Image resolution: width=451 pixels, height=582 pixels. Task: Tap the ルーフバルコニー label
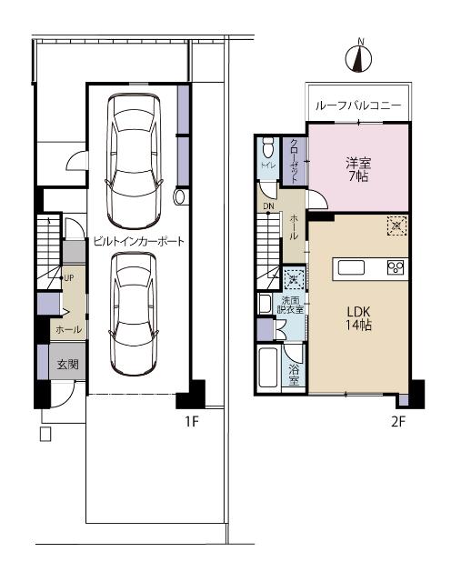357,106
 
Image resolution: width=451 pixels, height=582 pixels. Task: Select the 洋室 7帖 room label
357,170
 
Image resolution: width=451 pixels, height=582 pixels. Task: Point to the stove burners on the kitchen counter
396,266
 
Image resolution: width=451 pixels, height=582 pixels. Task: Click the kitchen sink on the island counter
352,266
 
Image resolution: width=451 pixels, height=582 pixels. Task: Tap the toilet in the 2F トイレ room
266,149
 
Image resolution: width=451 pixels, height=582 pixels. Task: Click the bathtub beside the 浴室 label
269,368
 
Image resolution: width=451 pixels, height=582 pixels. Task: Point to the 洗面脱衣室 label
290,306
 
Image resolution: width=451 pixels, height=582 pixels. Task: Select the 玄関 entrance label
68,365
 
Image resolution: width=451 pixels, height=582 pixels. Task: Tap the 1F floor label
192,421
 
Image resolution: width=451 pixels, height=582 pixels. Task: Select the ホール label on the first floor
68,328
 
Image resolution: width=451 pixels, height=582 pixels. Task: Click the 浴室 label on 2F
295,375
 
